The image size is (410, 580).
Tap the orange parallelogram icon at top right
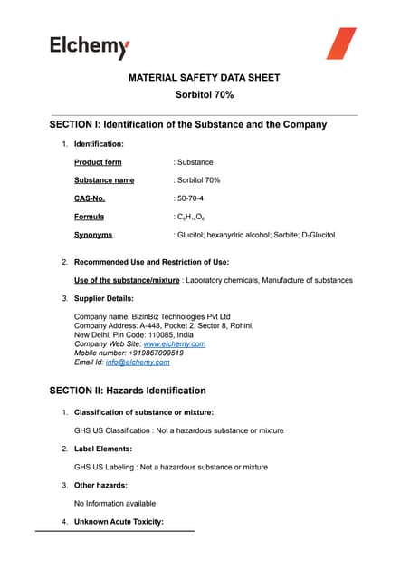click(x=341, y=43)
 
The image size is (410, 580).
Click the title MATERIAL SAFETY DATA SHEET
click(x=204, y=77)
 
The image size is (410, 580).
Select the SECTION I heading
click(x=187, y=123)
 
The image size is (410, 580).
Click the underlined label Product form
click(x=98, y=162)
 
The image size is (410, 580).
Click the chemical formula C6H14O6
click(x=193, y=217)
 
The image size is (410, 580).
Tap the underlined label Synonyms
click(x=93, y=235)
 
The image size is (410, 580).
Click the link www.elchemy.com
click(x=175, y=344)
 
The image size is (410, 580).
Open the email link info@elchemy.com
click(x=138, y=362)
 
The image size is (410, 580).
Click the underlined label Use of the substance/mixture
click(x=127, y=280)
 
